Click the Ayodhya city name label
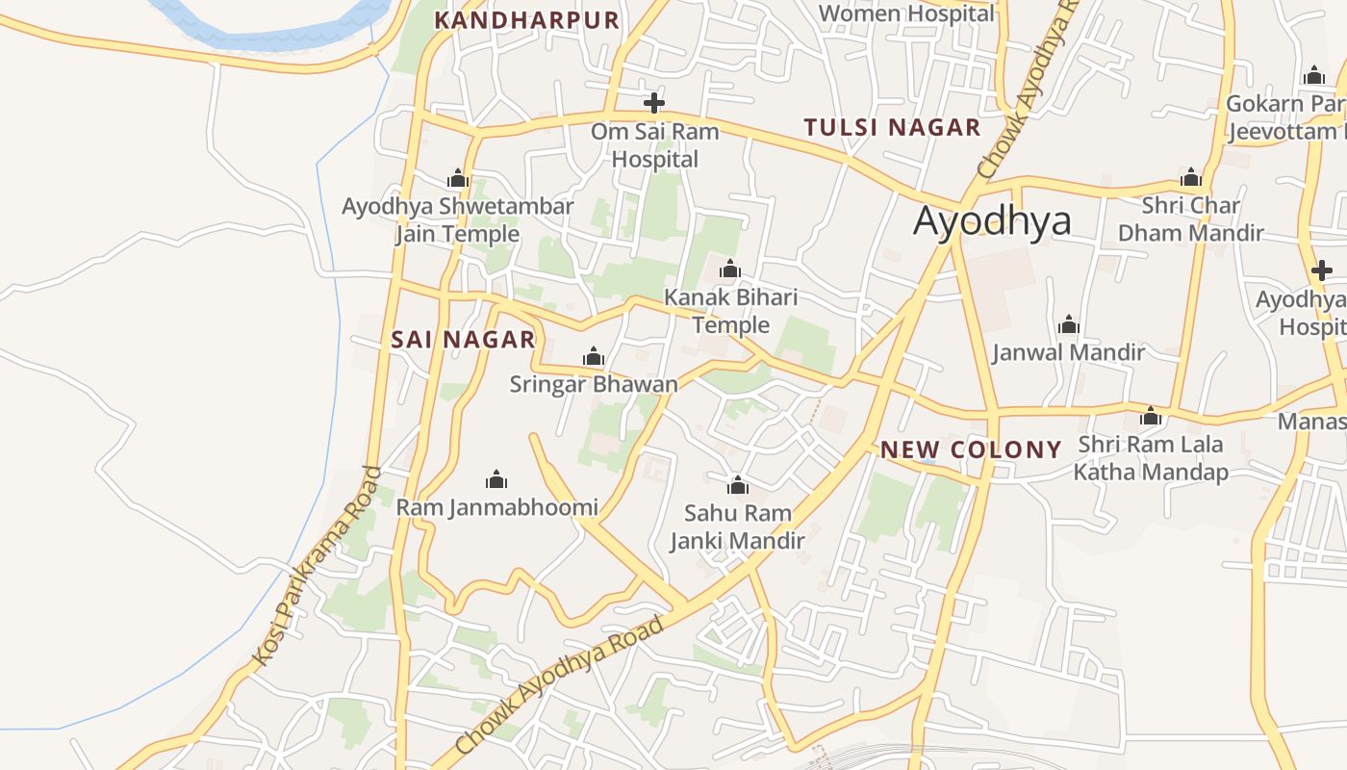pyautogui.click(x=992, y=220)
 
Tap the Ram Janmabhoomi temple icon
pyautogui.click(x=496, y=478)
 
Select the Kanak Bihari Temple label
pyautogui.click(x=731, y=311)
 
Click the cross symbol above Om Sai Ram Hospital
pyautogui.click(x=654, y=103)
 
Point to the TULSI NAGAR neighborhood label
pyautogui.click(x=892, y=127)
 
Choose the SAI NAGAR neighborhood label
pyautogui.click(x=463, y=339)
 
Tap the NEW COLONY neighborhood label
pyautogui.click(x=971, y=449)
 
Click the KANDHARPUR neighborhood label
pyautogui.click(x=526, y=20)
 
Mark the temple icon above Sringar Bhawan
pyautogui.click(x=594, y=357)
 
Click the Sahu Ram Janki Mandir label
pyautogui.click(x=737, y=526)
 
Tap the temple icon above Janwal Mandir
pyautogui.click(x=1068, y=324)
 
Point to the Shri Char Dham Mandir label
pyautogui.click(x=1190, y=218)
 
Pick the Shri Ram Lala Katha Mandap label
pyautogui.click(x=1151, y=458)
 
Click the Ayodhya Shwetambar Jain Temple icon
pyautogui.click(x=458, y=178)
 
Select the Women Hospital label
pyautogui.click(x=905, y=13)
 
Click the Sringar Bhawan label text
pyautogui.click(x=594, y=384)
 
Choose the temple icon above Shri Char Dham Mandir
pyautogui.click(x=1191, y=177)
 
